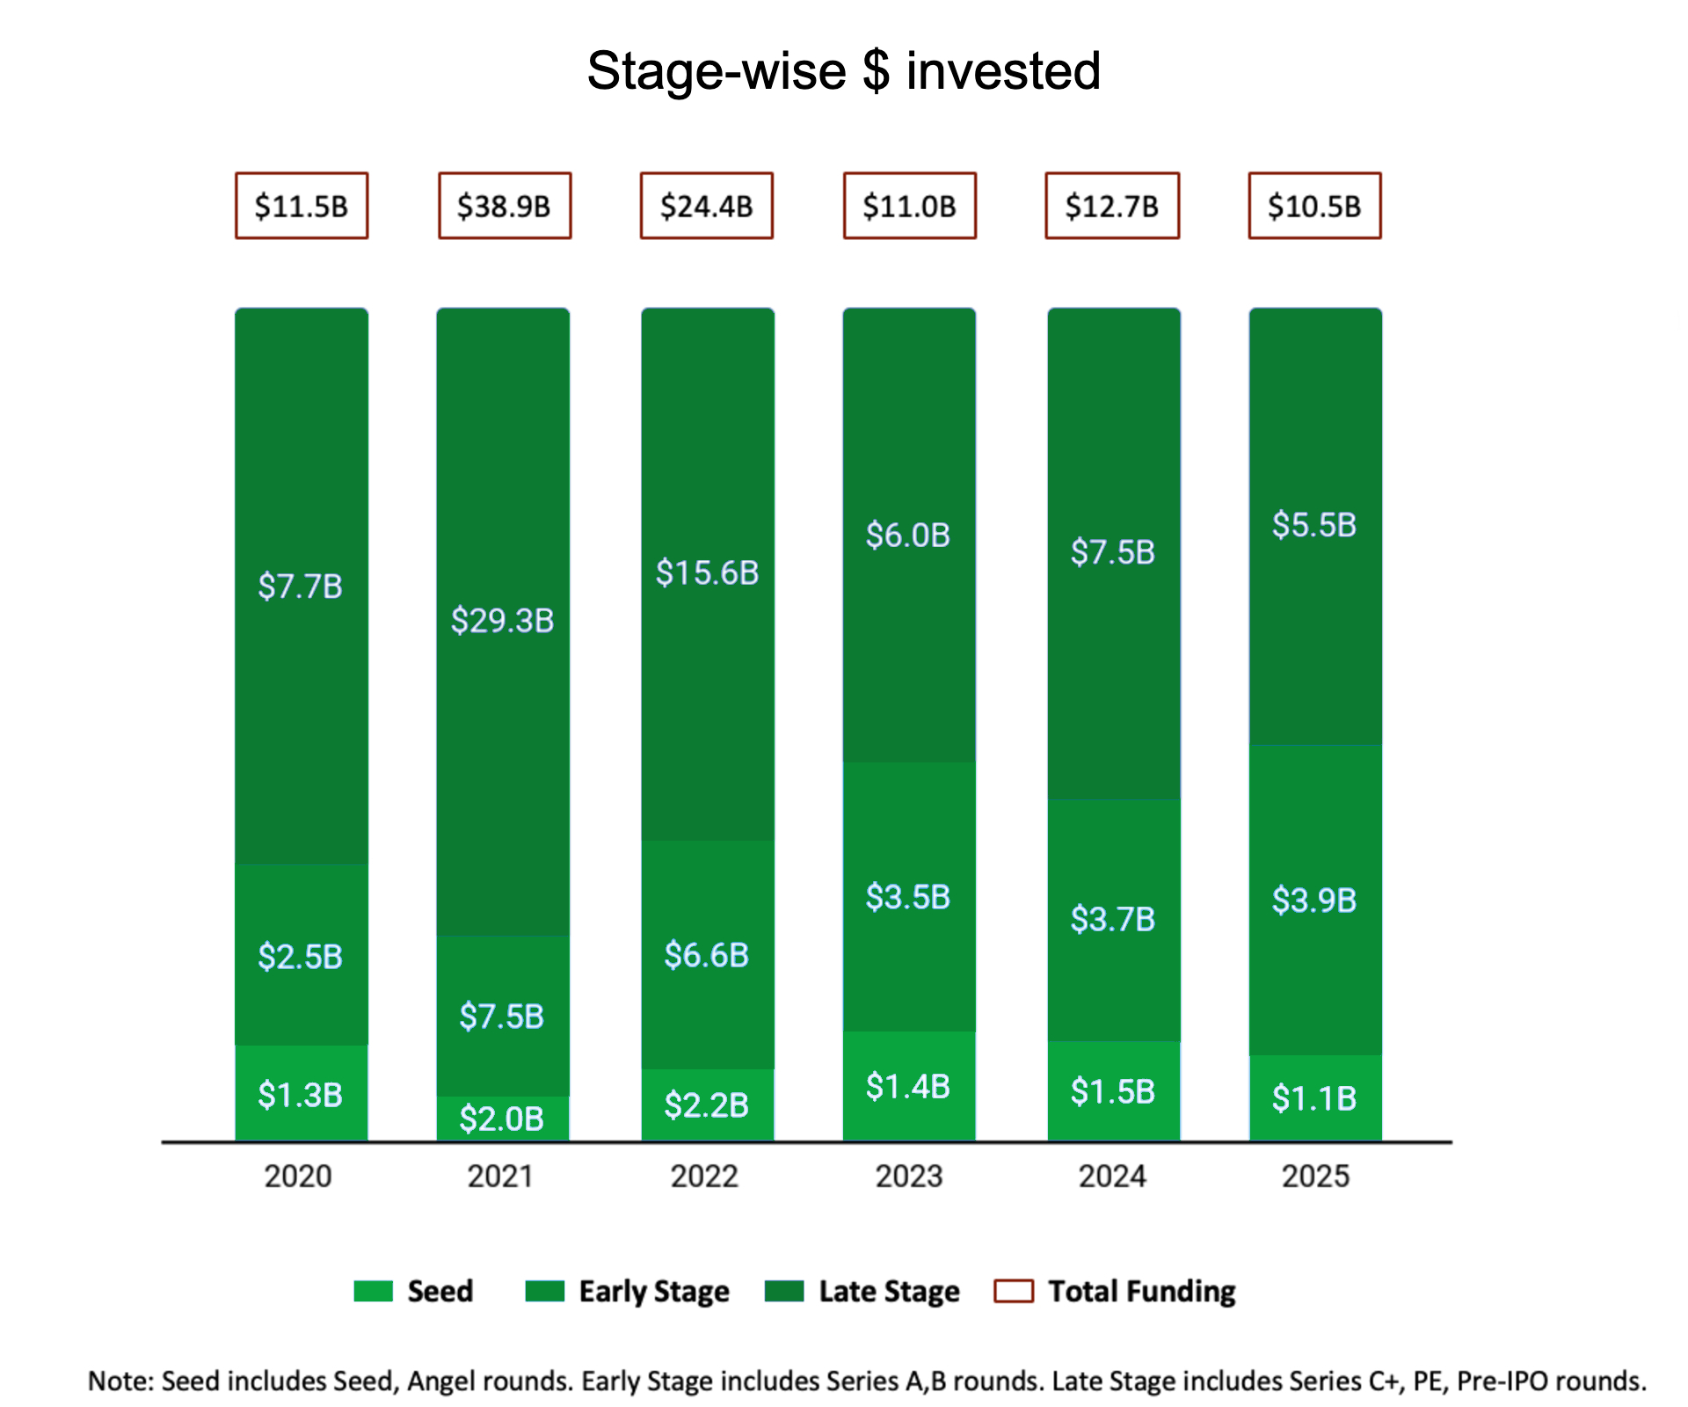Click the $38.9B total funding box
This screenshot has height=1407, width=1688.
[505, 206]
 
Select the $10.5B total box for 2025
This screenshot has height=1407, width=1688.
[1314, 206]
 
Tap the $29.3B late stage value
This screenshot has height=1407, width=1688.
[502, 621]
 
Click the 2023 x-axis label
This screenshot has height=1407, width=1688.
[908, 1176]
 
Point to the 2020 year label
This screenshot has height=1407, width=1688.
[298, 1176]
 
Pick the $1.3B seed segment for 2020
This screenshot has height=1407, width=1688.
[301, 1095]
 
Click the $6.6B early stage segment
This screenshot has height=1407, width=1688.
[707, 955]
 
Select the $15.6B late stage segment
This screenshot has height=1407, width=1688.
[707, 572]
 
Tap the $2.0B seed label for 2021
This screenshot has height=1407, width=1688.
[502, 1119]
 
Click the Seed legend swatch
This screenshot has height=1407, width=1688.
[373, 1291]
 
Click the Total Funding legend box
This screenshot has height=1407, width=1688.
[1013, 1291]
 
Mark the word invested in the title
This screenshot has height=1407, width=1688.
[1003, 70]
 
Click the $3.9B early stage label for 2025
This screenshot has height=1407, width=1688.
[1314, 900]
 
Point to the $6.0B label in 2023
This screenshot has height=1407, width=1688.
[908, 535]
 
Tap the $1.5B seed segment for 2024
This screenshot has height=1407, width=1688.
[1113, 1091]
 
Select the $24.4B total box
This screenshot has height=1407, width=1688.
[707, 206]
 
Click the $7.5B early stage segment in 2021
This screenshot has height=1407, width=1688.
[502, 1016]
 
